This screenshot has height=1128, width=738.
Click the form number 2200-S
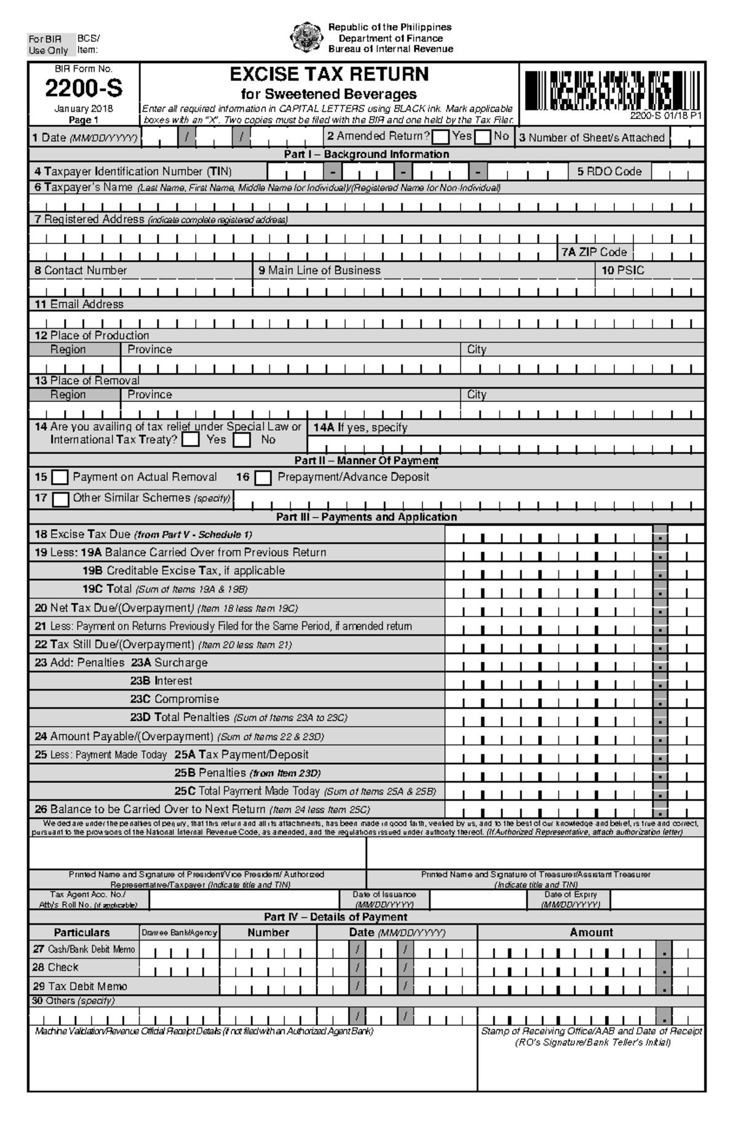click(x=84, y=90)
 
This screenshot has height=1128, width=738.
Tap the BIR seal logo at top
click(x=306, y=37)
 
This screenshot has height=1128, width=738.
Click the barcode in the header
click(x=611, y=90)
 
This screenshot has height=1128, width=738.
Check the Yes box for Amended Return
click(x=440, y=136)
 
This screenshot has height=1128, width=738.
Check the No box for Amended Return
click(x=483, y=136)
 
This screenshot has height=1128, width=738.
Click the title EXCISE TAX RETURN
click(x=329, y=74)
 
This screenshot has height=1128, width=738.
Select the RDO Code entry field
click(x=678, y=172)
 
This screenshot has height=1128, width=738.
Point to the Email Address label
click(x=79, y=304)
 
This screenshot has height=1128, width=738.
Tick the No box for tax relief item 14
click(x=242, y=440)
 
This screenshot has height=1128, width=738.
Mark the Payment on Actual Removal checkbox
click(x=60, y=478)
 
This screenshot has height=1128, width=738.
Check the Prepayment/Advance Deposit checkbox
click(x=263, y=478)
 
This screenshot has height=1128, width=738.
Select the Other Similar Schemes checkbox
click(x=60, y=499)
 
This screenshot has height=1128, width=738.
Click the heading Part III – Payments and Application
click(x=366, y=517)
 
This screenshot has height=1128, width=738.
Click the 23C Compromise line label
click(x=174, y=699)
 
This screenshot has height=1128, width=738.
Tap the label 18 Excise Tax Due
click(x=82, y=534)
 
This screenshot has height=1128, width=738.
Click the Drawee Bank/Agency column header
click(x=179, y=933)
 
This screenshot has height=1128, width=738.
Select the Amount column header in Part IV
click(x=590, y=933)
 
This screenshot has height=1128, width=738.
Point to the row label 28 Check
click(x=55, y=968)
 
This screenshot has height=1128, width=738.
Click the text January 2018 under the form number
click(x=84, y=109)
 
